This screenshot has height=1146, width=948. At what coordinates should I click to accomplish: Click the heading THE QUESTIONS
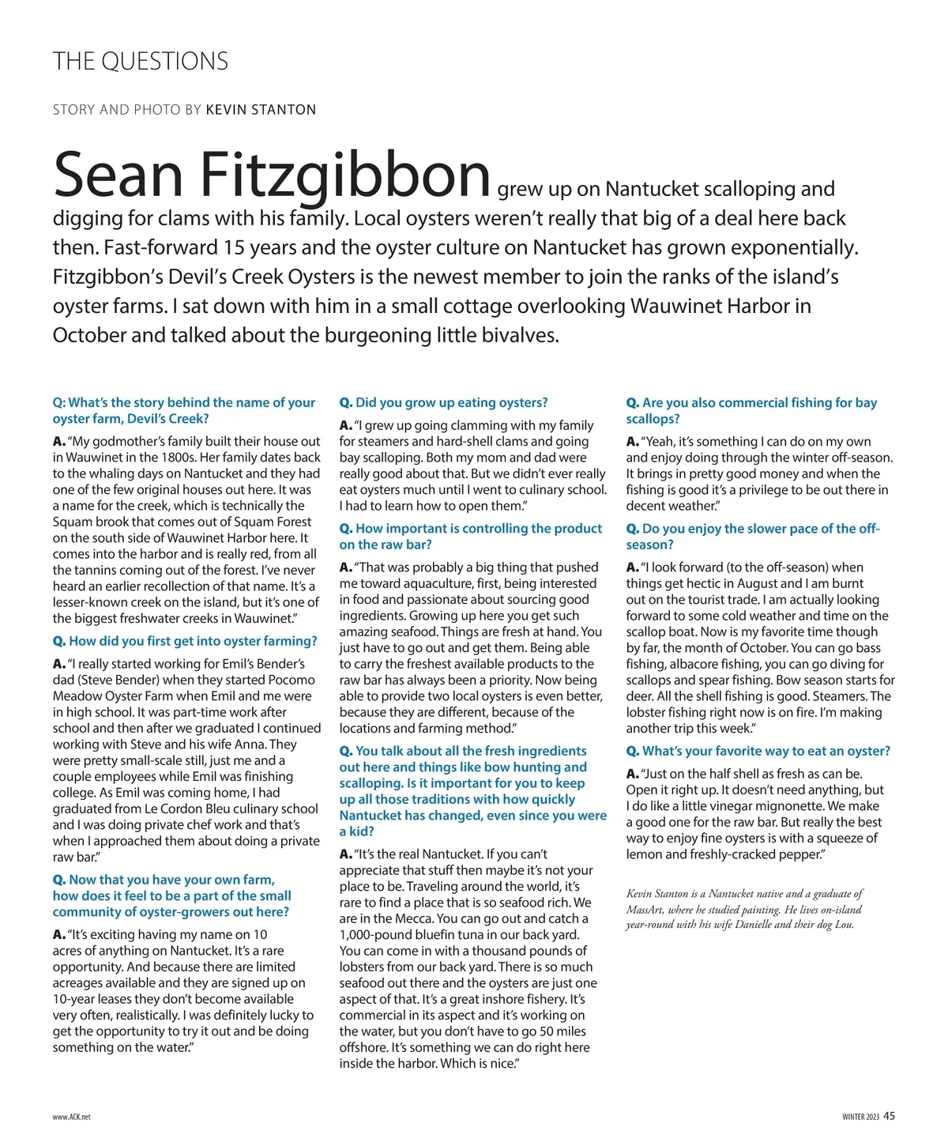click(x=141, y=62)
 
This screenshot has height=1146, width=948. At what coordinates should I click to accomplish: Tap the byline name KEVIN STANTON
click(x=261, y=110)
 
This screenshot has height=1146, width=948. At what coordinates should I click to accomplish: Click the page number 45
click(x=890, y=1116)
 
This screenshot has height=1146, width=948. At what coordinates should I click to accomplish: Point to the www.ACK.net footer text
click(x=72, y=1118)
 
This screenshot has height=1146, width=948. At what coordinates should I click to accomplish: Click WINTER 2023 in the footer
click(x=860, y=1117)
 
